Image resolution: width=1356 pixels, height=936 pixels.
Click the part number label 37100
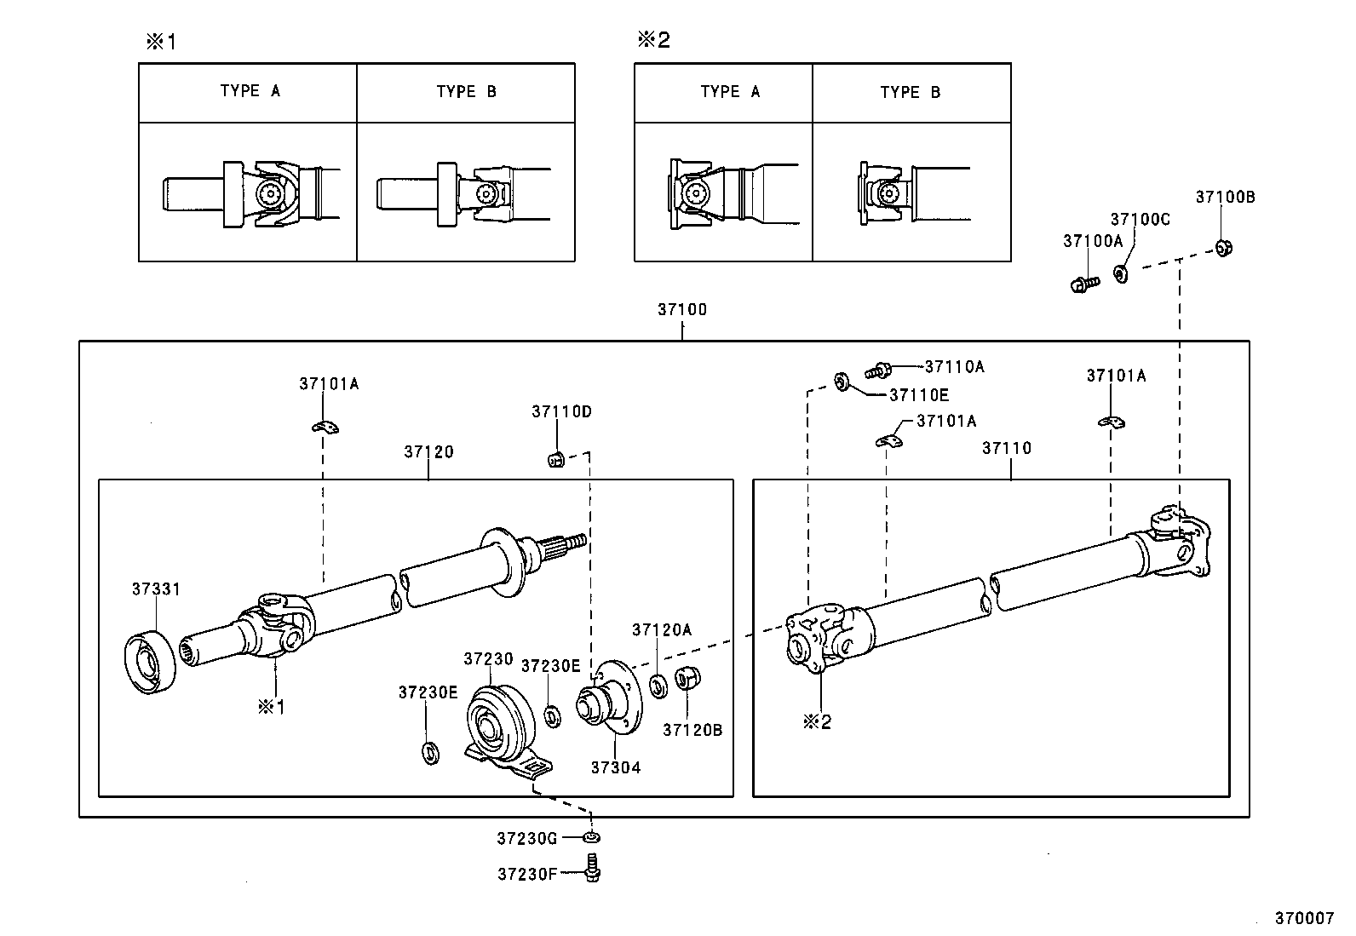(x=681, y=310)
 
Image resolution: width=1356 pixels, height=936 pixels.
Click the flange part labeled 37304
(x=609, y=698)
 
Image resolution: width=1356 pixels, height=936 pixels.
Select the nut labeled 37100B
(x=1224, y=248)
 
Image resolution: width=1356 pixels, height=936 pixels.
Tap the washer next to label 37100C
(x=1121, y=274)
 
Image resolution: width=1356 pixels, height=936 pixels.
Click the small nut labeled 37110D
(x=554, y=460)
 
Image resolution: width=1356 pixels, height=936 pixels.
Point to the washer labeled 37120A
(x=658, y=686)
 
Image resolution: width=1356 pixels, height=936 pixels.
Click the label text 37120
(x=428, y=452)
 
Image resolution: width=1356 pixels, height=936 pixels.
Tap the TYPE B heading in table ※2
(x=910, y=93)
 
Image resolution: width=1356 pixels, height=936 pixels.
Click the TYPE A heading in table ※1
(x=250, y=91)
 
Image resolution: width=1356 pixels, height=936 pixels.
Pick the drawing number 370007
(x=1303, y=918)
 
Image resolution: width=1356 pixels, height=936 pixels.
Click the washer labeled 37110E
(x=841, y=382)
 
